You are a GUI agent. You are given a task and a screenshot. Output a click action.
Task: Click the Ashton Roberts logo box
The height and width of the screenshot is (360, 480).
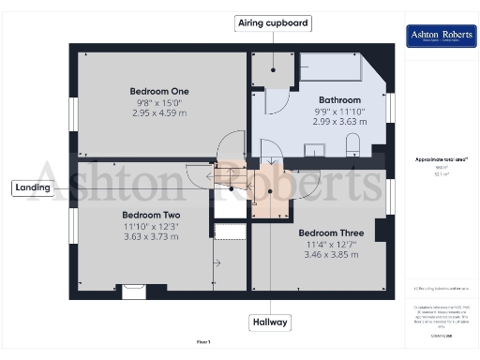[438, 37]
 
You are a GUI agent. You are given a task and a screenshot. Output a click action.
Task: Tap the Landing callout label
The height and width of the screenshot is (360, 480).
[32, 187]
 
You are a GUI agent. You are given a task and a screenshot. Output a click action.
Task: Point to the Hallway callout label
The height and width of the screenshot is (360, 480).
[270, 322]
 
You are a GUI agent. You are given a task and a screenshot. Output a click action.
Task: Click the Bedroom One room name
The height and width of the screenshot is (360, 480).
[159, 91]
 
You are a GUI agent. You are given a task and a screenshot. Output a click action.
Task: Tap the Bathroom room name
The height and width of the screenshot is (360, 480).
[339, 99]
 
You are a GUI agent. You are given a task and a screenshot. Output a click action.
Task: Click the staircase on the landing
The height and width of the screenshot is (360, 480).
[227, 174]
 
